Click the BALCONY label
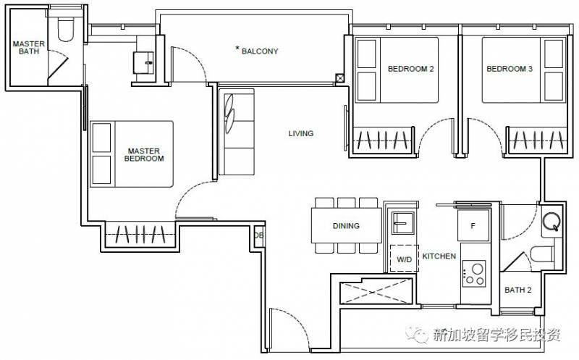[260, 51]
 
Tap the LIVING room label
[301, 133]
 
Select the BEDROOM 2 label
[410, 69]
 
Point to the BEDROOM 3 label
[510, 69]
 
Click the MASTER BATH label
[29, 47]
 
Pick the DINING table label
[346, 225]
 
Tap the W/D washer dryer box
[405, 258]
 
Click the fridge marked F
[473, 225]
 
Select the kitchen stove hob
[474, 274]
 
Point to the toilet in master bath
[67, 29]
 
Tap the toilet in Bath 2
[542, 254]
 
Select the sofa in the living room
[237, 132]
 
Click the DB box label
[259, 235]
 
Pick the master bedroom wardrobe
[140, 235]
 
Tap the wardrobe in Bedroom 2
[383, 140]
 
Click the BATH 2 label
[518, 290]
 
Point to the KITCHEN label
[439, 256]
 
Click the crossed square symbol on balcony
[339, 78]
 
